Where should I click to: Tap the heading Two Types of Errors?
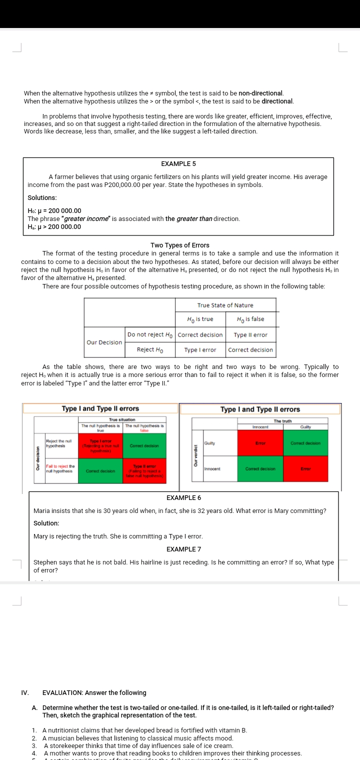(x=179, y=245)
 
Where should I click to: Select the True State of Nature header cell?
(x=225, y=305)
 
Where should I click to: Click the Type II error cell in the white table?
(x=250, y=335)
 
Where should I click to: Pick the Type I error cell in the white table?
(x=200, y=350)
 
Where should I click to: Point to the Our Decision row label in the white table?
(x=104, y=342)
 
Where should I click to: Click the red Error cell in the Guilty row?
(x=260, y=443)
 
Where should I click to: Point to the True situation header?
(x=122, y=419)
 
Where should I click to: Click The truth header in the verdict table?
(x=282, y=421)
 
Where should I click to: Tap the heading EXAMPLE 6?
(x=183, y=498)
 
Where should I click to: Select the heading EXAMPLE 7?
(x=183, y=549)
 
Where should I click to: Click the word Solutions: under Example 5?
(x=42, y=198)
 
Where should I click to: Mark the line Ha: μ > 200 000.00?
(x=54, y=227)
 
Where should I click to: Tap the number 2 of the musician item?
(x=34, y=738)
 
